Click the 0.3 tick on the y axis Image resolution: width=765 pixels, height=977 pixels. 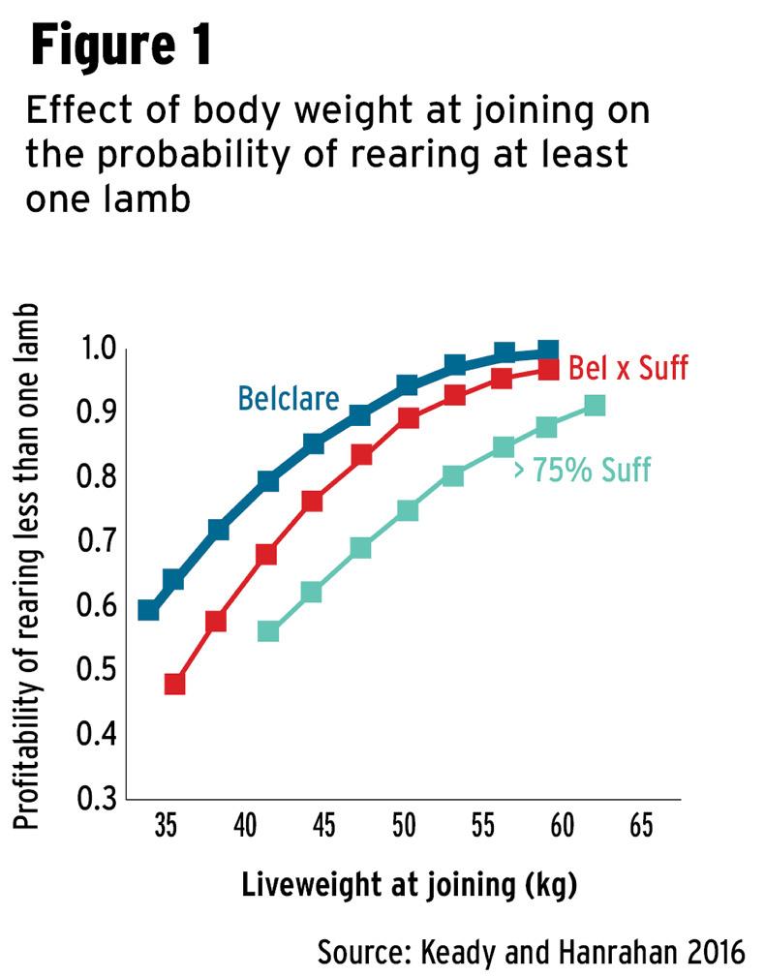click(95, 799)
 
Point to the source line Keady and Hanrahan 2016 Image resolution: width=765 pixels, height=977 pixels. click(532, 951)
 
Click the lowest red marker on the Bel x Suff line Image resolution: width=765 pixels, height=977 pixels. click(174, 684)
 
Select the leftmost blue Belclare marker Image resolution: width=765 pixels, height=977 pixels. click(148, 610)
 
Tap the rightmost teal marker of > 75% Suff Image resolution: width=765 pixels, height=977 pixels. click(595, 405)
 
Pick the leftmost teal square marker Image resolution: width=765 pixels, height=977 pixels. click(268, 631)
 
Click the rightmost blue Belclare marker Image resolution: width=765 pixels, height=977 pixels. click(548, 351)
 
